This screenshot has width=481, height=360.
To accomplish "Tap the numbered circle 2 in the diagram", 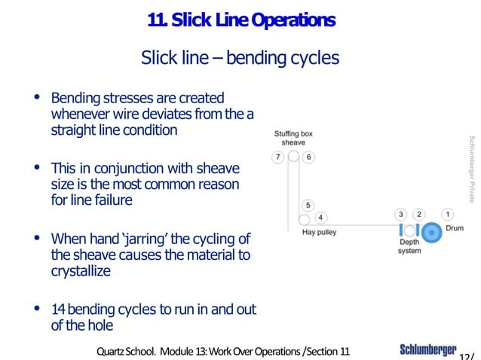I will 420,215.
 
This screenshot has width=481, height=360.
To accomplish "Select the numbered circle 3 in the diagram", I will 402,215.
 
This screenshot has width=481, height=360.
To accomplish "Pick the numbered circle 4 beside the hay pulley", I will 320,218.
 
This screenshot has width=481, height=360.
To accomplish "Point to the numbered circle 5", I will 308,205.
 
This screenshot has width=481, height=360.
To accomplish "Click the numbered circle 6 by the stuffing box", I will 308,157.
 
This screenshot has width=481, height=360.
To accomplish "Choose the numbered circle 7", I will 277,157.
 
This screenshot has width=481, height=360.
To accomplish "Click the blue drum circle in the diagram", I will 432,232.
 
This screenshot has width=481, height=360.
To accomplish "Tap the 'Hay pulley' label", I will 318,233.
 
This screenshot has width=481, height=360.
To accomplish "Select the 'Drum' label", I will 455,227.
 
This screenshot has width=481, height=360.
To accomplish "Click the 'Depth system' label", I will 409,247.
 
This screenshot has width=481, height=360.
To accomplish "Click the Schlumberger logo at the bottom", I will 427,349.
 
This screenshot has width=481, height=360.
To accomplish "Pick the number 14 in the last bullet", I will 59,310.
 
